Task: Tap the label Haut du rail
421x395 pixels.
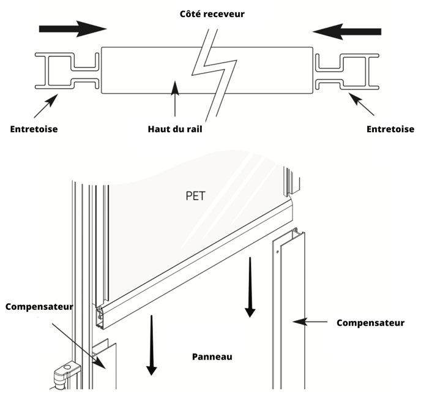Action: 175,129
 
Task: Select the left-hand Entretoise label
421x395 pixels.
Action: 34,129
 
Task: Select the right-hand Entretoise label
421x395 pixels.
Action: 390,129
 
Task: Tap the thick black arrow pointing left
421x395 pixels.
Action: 346,31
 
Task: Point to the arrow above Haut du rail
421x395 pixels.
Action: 176,98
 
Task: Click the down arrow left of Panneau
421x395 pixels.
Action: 151,346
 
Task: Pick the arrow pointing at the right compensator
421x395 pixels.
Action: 311,321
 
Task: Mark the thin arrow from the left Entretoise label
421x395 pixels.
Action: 47,105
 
